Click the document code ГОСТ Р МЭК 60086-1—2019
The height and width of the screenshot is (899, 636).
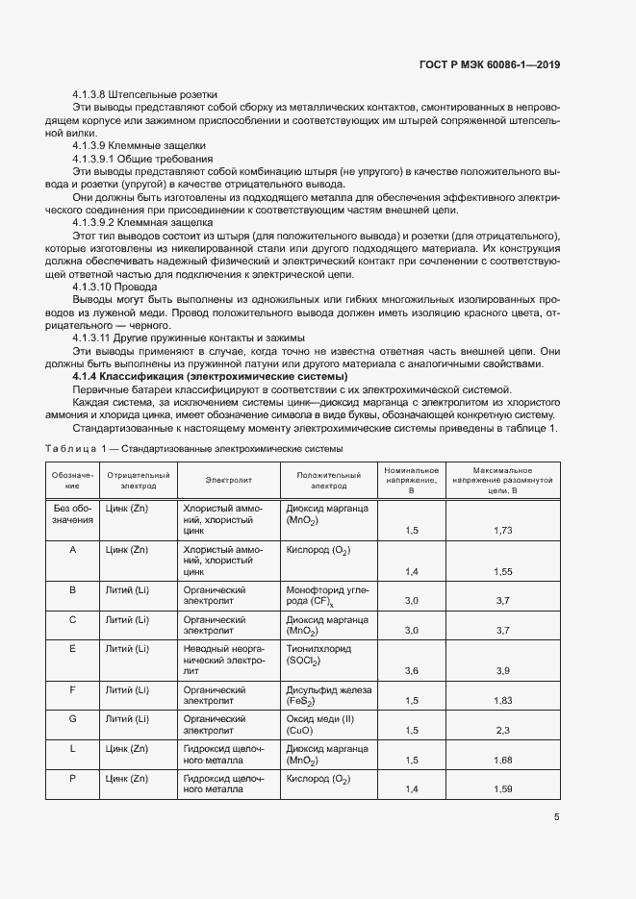click(491, 64)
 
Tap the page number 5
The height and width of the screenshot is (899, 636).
click(556, 817)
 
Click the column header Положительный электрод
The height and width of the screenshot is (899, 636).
click(328, 480)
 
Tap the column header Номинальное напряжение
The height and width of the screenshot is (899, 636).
click(412, 479)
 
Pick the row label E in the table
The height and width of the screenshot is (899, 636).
click(73, 649)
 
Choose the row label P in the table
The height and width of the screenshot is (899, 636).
click(73, 778)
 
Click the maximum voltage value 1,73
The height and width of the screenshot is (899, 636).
click(501, 530)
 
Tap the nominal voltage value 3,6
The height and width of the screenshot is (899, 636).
click(412, 670)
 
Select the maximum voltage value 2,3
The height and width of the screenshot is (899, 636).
click(501, 731)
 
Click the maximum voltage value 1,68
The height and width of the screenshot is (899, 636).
click(501, 761)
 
